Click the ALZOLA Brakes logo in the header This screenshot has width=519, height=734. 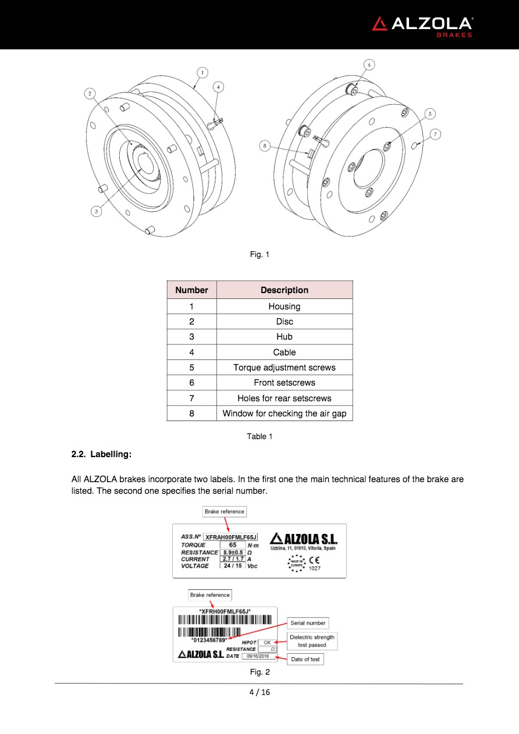[422, 25]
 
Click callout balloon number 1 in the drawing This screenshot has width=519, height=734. [202, 73]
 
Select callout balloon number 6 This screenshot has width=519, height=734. [369, 65]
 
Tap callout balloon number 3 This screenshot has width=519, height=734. [97, 212]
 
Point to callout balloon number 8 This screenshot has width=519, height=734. [265, 147]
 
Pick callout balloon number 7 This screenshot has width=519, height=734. [435, 134]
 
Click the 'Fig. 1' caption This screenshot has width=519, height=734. [259, 254]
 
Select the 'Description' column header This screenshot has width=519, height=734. [285, 290]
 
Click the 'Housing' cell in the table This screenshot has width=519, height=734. [285, 307]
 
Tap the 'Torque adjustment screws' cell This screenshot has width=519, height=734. [285, 368]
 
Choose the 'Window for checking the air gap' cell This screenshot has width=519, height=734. [285, 414]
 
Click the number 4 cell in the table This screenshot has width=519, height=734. [191, 352]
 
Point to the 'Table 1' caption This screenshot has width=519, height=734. [259, 436]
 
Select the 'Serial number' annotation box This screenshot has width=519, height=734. [308, 623]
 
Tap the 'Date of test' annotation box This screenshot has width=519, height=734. [305, 659]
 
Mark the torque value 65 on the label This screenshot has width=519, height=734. [233, 545]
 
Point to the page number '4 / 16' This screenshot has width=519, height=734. [259, 692]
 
